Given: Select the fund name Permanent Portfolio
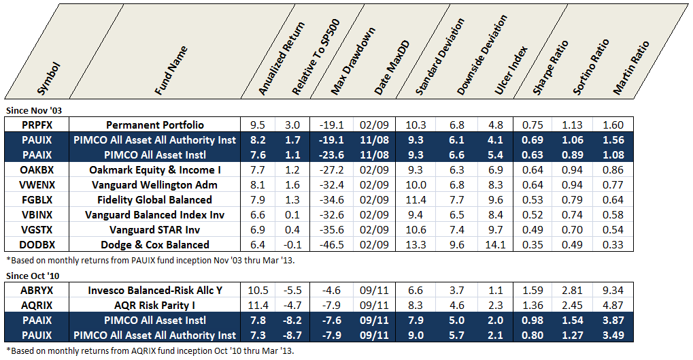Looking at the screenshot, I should click(x=164, y=125).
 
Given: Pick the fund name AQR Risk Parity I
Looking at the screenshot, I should click(x=164, y=305).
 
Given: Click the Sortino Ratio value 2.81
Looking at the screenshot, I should click(x=573, y=290).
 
